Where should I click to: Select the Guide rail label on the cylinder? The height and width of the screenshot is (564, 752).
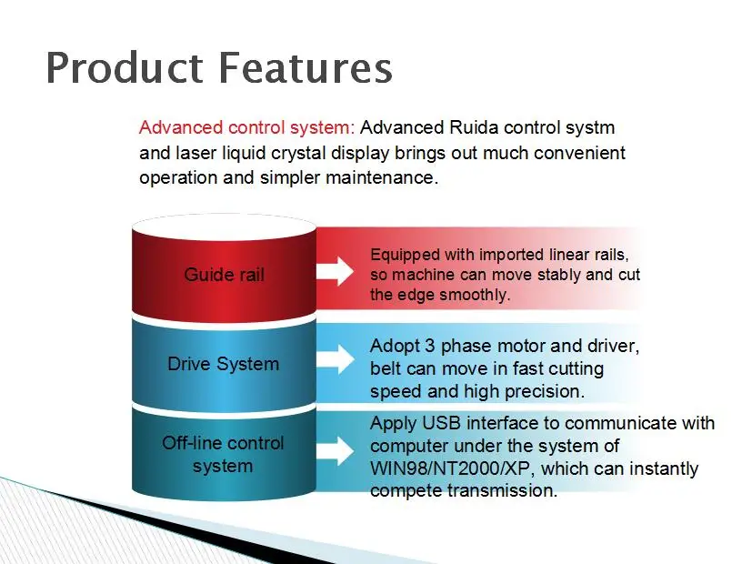tap(224, 274)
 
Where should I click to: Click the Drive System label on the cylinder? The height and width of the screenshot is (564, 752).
tap(224, 364)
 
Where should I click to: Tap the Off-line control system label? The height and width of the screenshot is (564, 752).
tap(224, 454)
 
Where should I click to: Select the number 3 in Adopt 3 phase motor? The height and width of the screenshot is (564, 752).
tap(432, 347)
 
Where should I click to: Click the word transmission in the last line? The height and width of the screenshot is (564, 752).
tap(501, 490)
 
